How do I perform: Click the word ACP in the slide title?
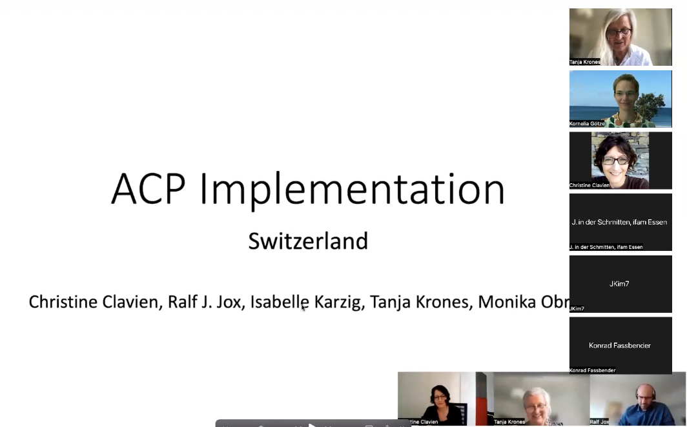[x=148, y=190]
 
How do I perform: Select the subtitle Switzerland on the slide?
[x=308, y=241]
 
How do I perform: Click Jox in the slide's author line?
[x=229, y=302]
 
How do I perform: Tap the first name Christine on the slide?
[x=63, y=302]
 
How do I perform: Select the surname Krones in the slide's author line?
[x=438, y=302]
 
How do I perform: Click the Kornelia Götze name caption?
[x=587, y=123]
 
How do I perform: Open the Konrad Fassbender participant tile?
[x=620, y=345]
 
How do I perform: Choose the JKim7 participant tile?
[x=620, y=284]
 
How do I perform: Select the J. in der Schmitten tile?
[x=620, y=222]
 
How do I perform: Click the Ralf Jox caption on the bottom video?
[x=599, y=422]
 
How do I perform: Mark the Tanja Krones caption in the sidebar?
[x=584, y=62]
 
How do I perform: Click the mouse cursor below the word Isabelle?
[x=303, y=308]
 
